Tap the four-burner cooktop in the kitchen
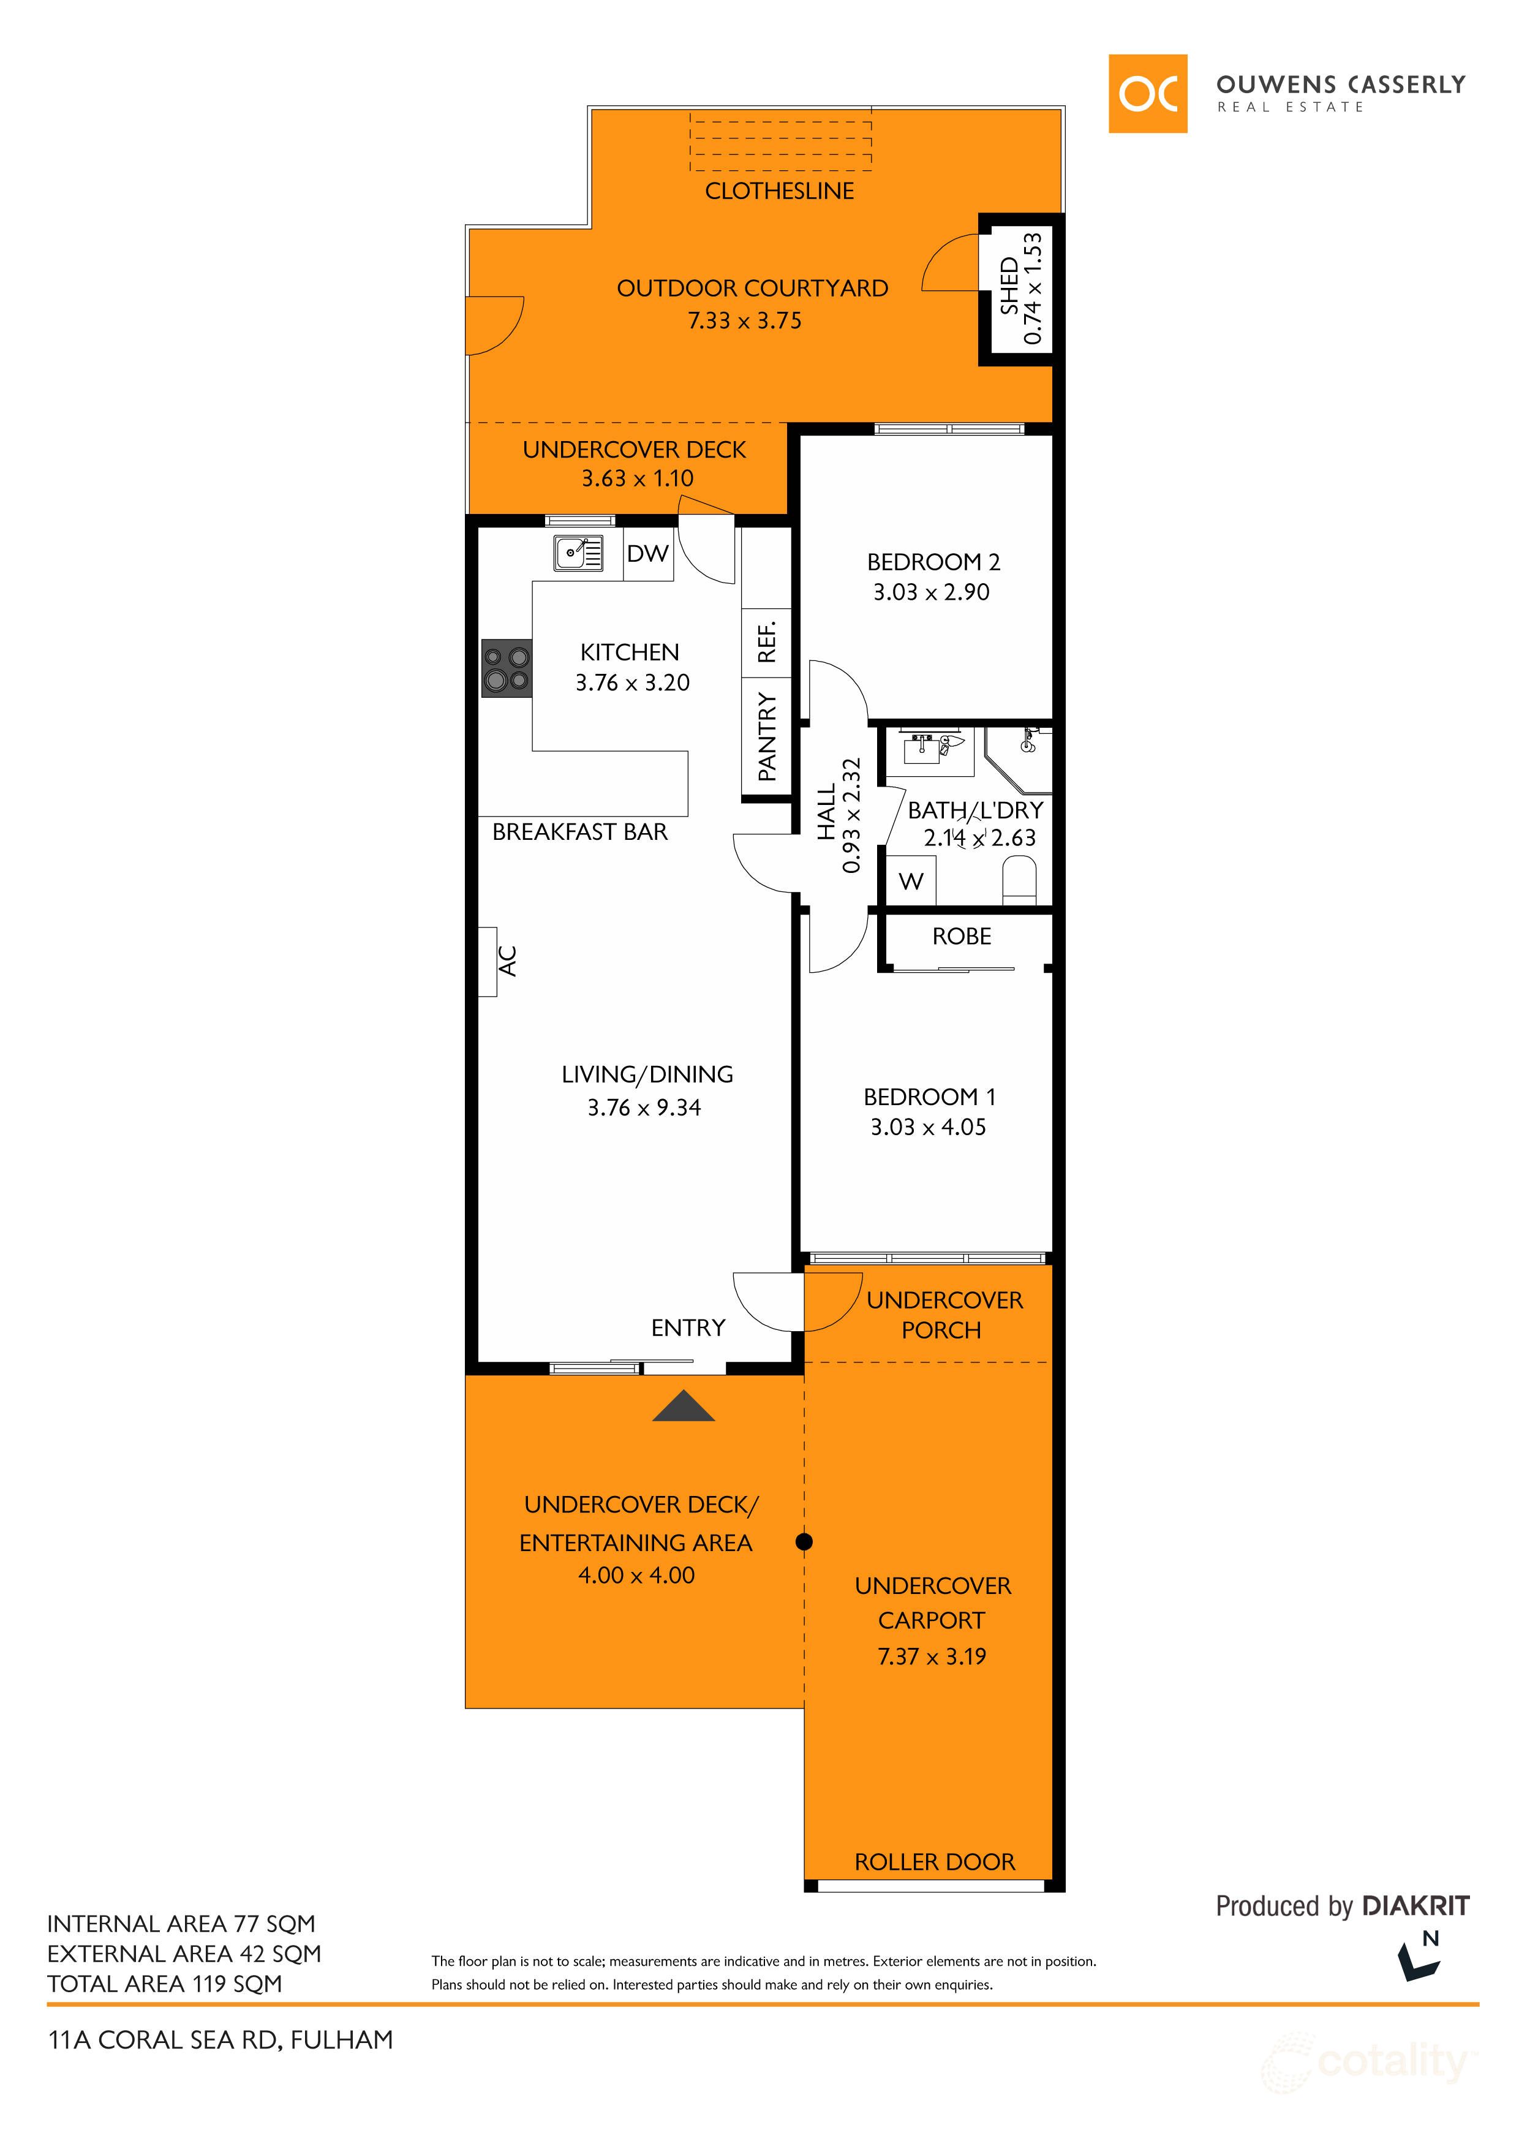(x=507, y=668)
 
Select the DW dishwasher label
(x=647, y=553)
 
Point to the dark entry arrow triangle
(x=683, y=1406)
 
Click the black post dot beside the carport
(x=804, y=1541)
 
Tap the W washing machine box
(x=911, y=881)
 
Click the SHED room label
(x=1009, y=287)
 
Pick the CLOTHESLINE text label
(x=780, y=191)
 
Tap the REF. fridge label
(x=766, y=642)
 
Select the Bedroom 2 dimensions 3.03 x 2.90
(x=931, y=592)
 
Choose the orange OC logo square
(x=1147, y=94)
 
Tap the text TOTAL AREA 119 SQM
(x=165, y=1984)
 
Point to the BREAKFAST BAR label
(x=580, y=832)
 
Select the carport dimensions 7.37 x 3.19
(x=932, y=1656)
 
